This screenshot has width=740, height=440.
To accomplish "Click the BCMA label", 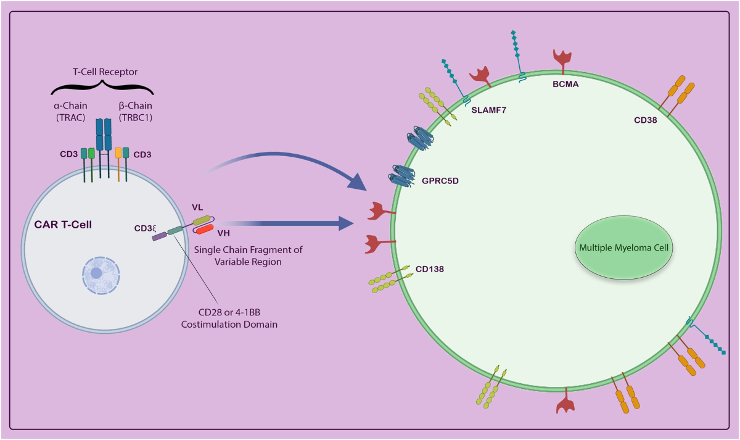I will click(x=565, y=84).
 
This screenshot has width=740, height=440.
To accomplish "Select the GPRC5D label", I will click(x=440, y=182).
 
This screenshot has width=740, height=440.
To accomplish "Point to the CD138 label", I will click(x=430, y=269).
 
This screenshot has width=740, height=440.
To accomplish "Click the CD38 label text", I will click(x=646, y=120).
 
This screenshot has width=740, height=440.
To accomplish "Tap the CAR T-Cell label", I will click(x=59, y=225).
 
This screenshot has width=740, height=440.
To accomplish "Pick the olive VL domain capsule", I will click(x=201, y=219).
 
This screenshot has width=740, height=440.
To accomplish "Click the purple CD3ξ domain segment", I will click(x=158, y=235).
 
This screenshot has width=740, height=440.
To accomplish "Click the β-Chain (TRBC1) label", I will click(x=134, y=110).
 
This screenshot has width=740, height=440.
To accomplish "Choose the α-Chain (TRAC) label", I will click(x=70, y=110).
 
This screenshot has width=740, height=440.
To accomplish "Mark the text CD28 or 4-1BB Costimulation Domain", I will click(x=229, y=318).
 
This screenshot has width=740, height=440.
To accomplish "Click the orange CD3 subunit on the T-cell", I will click(x=118, y=152).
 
